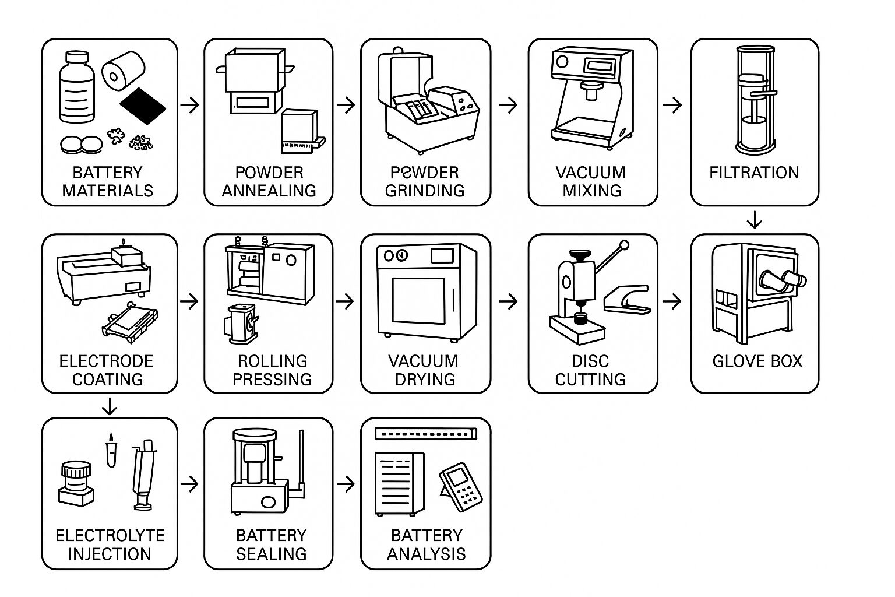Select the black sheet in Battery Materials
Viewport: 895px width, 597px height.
(x=143, y=106)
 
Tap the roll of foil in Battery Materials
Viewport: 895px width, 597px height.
(x=123, y=71)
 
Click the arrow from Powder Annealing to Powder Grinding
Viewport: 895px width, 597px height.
(x=346, y=105)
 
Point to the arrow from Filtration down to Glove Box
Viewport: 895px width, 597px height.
(x=755, y=220)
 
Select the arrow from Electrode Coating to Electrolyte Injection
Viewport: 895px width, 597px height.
(x=109, y=406)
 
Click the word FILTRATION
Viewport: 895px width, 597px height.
(x=754, y=173)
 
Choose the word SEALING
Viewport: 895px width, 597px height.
(x=272, y=554)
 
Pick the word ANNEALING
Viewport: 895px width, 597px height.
(x=269, y=191)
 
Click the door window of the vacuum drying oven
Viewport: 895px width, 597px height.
(x=419, y=305)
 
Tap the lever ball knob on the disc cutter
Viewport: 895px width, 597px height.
(x=625, y=245)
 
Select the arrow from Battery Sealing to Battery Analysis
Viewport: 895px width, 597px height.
(x=346, y=484)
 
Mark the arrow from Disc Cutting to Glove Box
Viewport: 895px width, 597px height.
(x=672, y=301)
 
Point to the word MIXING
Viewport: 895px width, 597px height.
(x=591, y=191)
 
